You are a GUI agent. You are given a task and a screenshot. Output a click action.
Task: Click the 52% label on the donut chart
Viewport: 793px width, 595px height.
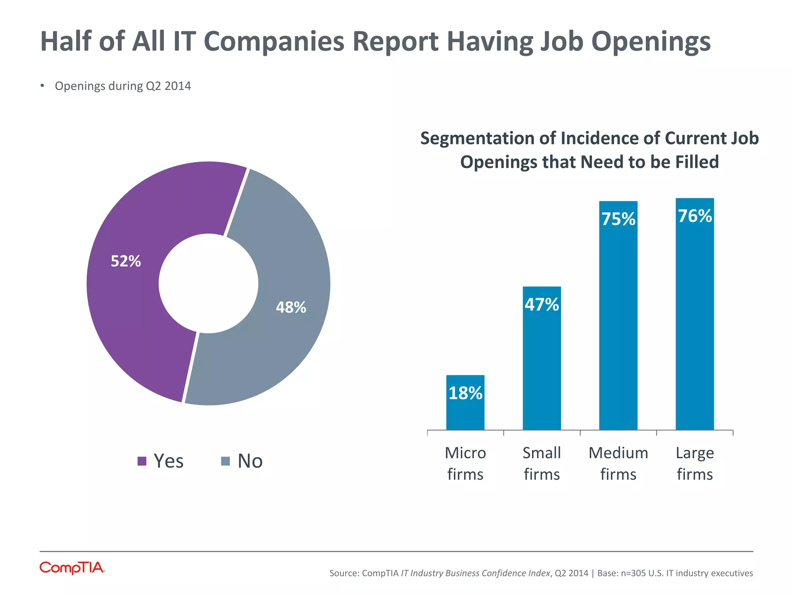[126, 261]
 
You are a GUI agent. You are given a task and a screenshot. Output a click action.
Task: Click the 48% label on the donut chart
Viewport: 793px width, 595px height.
[291, 308]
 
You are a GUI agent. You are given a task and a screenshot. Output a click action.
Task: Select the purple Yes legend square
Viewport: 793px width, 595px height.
[142, 461]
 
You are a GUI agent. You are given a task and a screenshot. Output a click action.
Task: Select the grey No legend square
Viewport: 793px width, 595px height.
[225, 461]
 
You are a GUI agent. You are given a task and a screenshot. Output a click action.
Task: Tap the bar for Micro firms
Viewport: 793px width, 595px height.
[465, 411]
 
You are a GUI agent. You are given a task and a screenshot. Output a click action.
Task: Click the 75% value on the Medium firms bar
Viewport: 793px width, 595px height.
[618, 219]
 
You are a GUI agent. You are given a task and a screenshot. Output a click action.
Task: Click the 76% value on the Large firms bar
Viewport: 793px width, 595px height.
[695, 216]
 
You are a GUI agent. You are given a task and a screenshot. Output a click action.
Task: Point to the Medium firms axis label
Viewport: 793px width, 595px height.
[618, 463]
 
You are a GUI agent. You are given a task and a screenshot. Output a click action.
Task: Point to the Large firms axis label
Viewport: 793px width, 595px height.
[695, 463]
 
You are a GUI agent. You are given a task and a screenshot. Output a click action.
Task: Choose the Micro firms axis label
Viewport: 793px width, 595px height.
[465, 463]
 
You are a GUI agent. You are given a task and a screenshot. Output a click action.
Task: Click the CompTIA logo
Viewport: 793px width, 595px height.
[72, 568]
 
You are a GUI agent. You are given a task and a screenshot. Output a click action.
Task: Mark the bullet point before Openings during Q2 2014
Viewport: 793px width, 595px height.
[42, 86]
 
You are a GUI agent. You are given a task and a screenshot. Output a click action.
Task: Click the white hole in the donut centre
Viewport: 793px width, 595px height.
[208, 284]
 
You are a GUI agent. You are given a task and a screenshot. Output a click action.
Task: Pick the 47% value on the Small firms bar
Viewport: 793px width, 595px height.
[542, 305]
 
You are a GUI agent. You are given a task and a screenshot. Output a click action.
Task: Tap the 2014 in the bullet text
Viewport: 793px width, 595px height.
[178, 86]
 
